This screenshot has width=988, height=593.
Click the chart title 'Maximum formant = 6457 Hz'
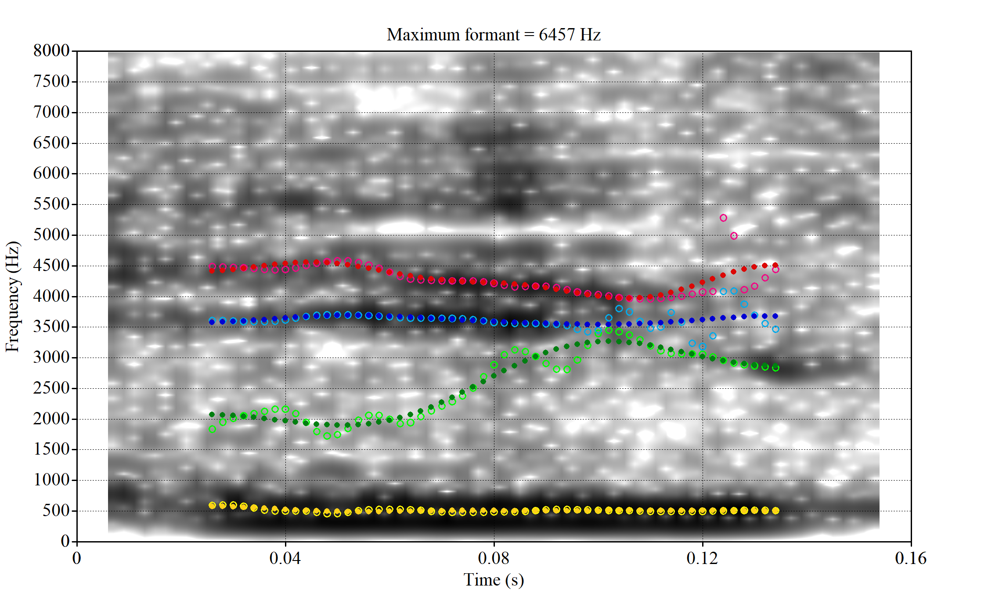(494, 34)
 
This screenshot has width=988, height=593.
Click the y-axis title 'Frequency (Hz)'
(12, 296)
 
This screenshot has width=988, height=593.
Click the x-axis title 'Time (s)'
(494, 580)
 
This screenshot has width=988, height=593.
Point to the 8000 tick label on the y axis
(51, 51)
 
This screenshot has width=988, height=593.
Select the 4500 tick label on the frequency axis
(51, 265)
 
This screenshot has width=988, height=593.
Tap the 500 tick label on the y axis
(56, 510)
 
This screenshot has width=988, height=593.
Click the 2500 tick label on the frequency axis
(51, 388)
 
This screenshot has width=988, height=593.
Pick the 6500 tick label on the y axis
(51, 143)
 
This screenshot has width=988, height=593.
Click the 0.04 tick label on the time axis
(285, 558)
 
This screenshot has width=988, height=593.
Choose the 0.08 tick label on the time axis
(494, 558)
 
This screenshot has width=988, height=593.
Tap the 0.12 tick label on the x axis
(702, 558)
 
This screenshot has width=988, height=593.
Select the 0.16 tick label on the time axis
(911, 558)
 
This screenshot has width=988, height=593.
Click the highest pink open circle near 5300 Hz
(723, 218)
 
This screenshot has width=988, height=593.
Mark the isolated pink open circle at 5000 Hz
(734, 236)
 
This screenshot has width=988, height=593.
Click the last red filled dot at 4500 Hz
(775, 265)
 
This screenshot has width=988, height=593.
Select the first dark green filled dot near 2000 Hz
(212, 414)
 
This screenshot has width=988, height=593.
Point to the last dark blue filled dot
(775, 316)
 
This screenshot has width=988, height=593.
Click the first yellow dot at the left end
(212, 506)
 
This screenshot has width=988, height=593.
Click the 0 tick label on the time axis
(77, 558)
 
